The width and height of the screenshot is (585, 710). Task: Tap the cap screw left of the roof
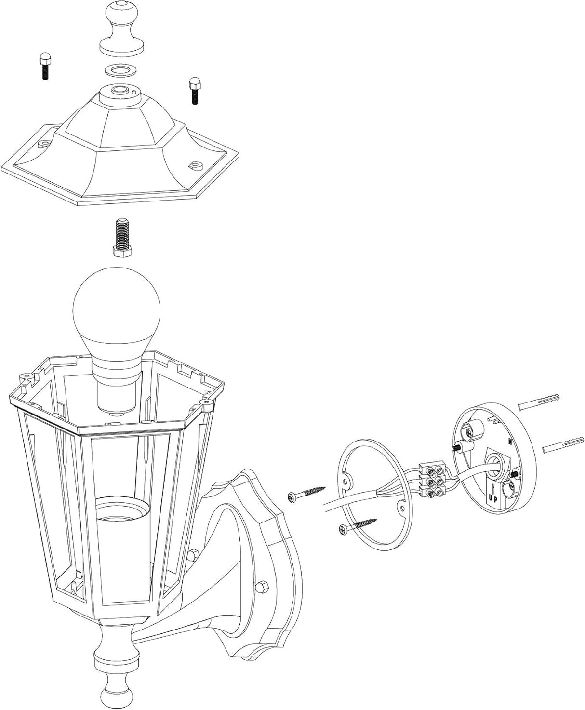[x=44, y=66]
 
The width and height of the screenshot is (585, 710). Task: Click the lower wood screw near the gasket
[x=357, y=525]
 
